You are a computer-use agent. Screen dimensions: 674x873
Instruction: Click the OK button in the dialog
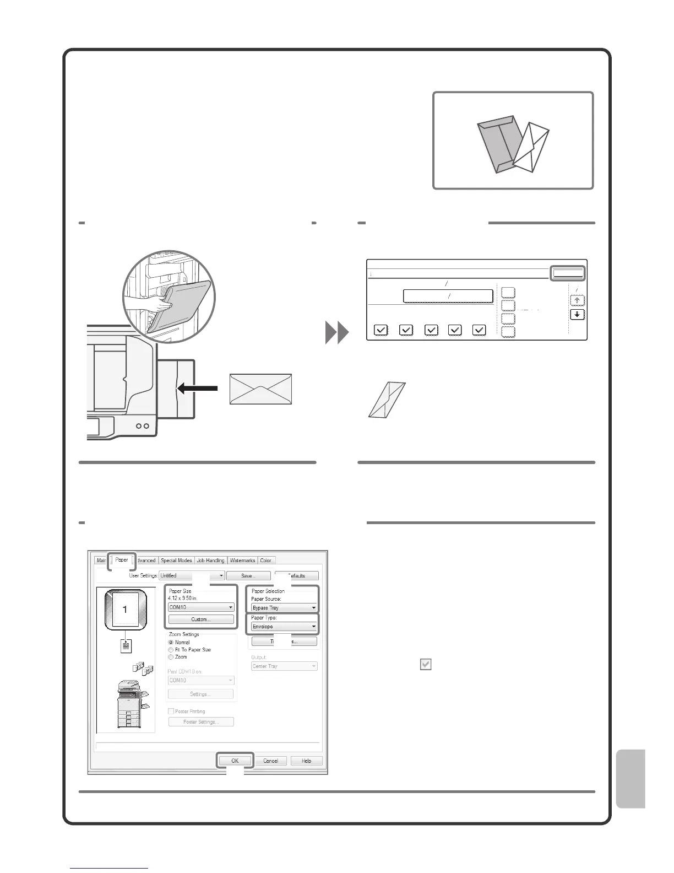235,761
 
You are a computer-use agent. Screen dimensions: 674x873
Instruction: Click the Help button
306,761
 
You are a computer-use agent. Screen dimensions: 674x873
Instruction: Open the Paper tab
122,560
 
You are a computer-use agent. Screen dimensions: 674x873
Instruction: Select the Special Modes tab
176,561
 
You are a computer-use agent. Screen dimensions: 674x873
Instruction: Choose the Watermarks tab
242,561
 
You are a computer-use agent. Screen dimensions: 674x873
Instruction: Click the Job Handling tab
210,561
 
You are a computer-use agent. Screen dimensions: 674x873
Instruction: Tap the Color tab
266,561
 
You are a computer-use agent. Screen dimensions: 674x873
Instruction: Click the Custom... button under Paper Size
201,619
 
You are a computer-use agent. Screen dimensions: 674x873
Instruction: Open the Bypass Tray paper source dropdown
284,607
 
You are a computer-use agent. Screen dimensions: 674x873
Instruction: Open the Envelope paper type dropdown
284,627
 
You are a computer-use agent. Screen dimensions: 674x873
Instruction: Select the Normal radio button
171,643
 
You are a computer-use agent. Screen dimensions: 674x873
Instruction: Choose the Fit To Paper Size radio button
171,650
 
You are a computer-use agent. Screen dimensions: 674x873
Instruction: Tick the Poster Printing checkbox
171,712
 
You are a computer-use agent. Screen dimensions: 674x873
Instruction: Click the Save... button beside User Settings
248,575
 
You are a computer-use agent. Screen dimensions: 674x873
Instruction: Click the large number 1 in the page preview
126,610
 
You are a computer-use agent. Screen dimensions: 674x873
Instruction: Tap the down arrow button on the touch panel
577,315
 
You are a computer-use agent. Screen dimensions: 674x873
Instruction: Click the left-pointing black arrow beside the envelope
197,389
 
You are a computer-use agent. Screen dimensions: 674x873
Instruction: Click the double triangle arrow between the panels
337,333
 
